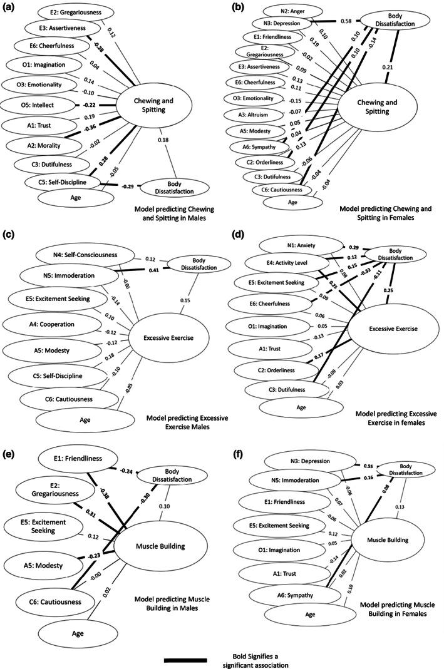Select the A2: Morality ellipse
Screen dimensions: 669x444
41,143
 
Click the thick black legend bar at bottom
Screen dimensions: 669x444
185,660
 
